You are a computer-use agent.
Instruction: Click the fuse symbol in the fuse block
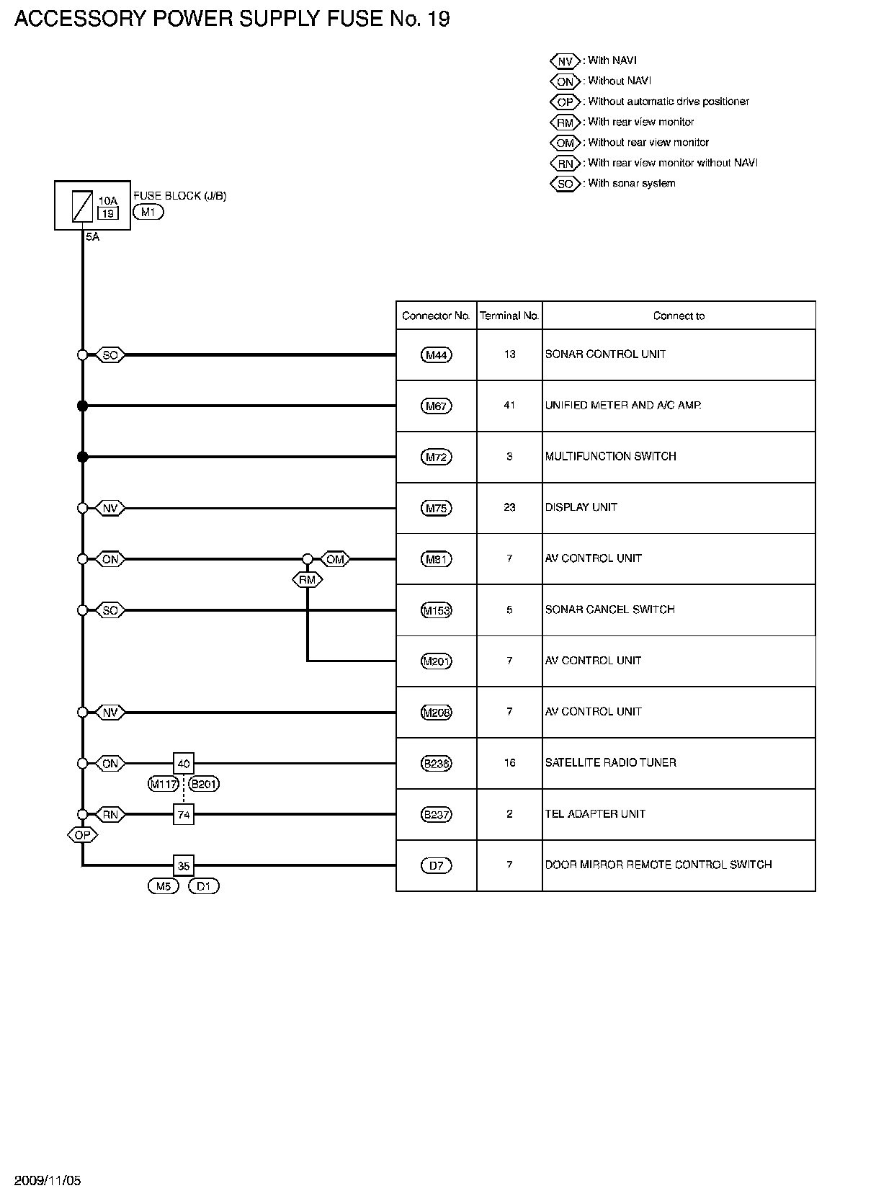pos(83,206)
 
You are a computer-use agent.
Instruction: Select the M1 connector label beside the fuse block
pos(148,212)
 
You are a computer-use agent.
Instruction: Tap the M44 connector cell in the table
pos(436,354)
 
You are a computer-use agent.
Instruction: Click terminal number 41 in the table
pos(509,405)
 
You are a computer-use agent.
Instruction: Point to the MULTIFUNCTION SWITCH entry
pos(610,456)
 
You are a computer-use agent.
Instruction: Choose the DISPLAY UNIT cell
pos(581,507)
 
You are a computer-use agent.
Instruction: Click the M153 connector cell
pos(436,610)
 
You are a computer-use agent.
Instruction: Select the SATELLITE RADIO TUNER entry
pos(610,762)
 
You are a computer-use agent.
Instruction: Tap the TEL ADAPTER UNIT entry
pos(595,813)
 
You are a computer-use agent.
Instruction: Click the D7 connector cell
pos(436,865)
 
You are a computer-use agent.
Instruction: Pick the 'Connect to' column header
pos(679,316)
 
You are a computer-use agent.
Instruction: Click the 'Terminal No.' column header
pos(509,316)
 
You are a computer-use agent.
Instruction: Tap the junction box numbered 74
pos(184,814)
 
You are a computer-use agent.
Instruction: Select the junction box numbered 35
pos(184,865)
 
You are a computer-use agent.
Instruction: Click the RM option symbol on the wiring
pos(308,579)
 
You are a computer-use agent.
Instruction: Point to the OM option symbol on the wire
pos(335,559)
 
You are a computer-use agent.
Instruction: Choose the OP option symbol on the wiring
pos(83,835)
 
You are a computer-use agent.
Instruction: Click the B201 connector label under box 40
pos(204,784)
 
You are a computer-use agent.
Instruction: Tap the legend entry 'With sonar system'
pos(631,183)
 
